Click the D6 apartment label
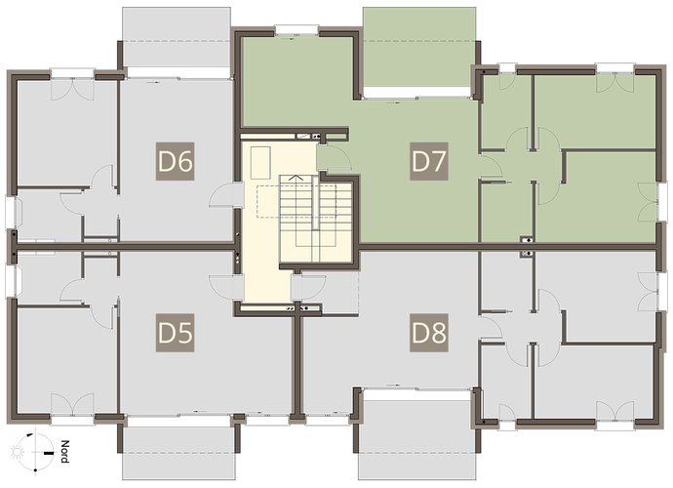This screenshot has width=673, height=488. click(176, 161)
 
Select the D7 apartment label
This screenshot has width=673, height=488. click(429, 161)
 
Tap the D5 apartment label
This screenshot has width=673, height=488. click(176, 333)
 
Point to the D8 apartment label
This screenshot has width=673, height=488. click(429, 333)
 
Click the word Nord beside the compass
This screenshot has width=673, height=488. click(64, 452)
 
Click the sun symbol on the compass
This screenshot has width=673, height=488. click(18, 452)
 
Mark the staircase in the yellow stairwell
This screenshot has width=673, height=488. click(316, 218)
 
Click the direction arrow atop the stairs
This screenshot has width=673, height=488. click(297, 178)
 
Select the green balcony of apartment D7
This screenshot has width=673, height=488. click(418, 47)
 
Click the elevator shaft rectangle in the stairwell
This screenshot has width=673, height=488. click(260, 163)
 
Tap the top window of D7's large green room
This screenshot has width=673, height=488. click(297, 29)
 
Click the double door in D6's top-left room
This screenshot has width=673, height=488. click(72, 90)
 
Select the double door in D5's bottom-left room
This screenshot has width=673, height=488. click(72, 404)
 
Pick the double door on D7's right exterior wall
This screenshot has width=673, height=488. click(649, 202)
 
